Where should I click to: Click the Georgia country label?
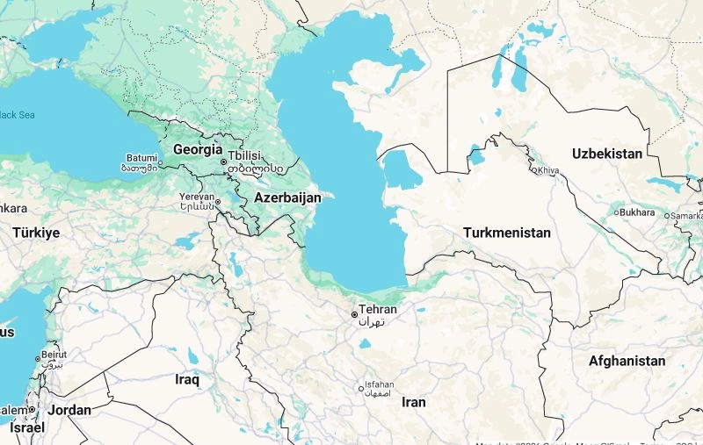197,149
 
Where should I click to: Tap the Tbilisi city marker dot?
224,162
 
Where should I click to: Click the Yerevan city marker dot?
218,202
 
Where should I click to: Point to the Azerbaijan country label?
287,198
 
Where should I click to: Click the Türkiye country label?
36,233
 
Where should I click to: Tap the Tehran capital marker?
355,314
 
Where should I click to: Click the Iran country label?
413,402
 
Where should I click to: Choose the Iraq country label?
187,379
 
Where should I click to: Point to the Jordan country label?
69,410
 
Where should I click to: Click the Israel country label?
26,427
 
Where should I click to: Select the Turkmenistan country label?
507,233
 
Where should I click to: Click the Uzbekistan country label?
607,154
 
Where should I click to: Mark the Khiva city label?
548,170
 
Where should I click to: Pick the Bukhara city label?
637,212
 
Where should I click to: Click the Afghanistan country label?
627,361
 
